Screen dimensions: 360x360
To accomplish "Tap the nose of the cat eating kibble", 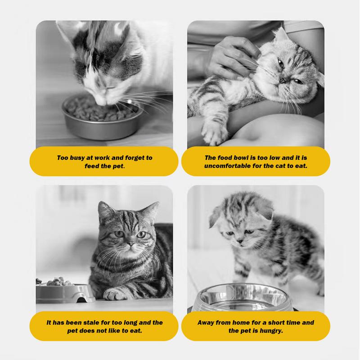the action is tap(101, 102).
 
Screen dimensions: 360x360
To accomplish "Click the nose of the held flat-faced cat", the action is tap(283, 81).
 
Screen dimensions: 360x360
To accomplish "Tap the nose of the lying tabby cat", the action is tap(130, 244).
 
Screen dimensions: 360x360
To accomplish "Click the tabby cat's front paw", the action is tap(115, 294).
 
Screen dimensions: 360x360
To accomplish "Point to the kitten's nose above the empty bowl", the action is tap(240, 241).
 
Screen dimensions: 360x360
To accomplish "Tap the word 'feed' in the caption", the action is tap(91, 166).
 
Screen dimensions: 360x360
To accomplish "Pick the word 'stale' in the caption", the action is tap(91, 323).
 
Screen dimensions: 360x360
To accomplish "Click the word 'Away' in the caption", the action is tap(206, 323).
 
